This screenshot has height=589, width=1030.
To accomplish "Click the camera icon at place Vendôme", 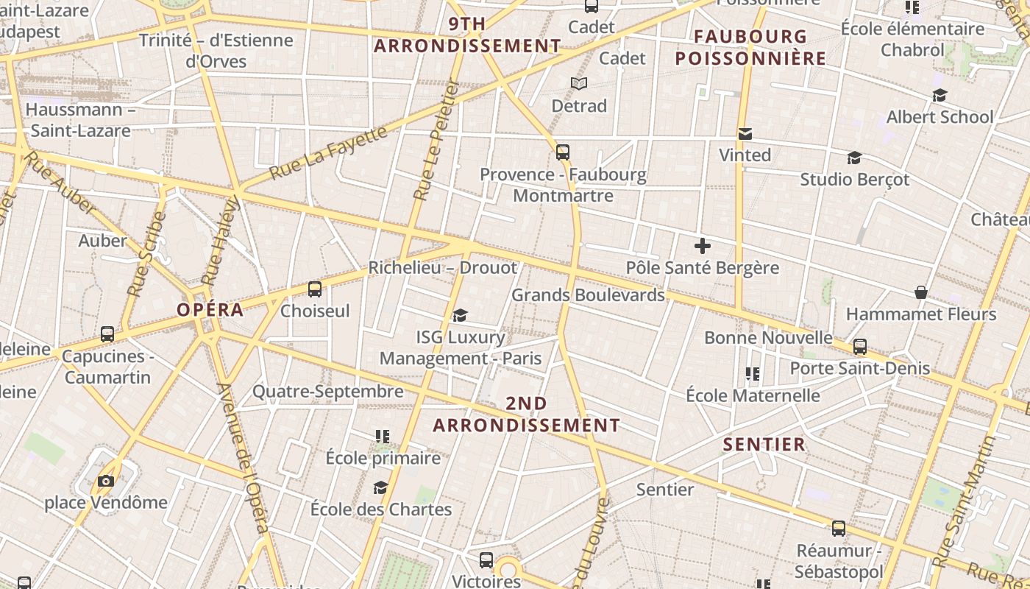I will [106, 482].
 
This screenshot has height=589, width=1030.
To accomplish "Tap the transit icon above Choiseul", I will [315, 289].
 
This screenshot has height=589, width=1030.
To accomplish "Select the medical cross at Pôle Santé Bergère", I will [703, 246].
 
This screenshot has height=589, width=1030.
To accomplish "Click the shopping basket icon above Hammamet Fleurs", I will [920, 293].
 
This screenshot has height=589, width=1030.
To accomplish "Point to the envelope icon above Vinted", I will [745, 134].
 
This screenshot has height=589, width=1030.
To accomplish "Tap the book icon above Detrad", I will [579, 84].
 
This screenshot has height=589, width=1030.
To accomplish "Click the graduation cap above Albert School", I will [940, 96].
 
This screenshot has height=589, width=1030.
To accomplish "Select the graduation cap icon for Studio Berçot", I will [854, 158].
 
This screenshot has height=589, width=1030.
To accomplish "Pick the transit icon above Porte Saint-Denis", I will [860, 347].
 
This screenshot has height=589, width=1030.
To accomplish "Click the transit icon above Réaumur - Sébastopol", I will [839, 529].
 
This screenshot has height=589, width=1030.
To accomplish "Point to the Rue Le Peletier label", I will [436, 140].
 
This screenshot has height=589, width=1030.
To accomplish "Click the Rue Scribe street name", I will [146, 254].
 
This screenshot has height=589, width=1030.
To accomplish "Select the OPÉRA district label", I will [210, 310].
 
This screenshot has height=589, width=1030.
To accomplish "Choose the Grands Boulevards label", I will [588, 295].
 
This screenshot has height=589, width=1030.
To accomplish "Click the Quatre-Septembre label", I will [328, 391].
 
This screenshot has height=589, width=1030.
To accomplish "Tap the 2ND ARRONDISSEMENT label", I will [526, 415].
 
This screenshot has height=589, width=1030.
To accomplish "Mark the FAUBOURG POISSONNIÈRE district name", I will [750, 47].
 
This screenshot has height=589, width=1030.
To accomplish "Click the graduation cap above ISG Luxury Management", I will [461, 316].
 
